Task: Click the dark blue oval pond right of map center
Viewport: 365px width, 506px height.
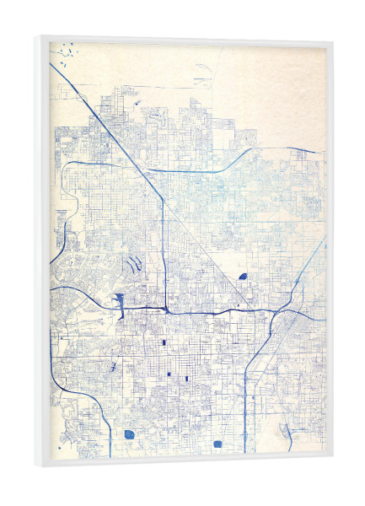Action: tap(243, 276)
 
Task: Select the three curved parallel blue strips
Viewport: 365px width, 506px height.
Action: tap(133, 266)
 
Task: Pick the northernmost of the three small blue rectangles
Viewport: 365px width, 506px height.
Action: tap(163, 343)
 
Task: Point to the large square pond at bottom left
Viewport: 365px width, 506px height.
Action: tap(129, 434)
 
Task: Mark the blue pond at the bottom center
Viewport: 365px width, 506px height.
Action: tap(217, 444)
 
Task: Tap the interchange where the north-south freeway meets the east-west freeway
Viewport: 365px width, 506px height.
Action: tap(166, 309)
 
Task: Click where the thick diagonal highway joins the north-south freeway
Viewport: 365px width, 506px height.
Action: tap(163, 201)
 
